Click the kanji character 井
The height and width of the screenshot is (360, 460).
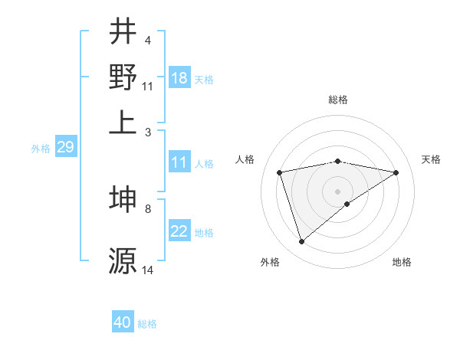(123, 31)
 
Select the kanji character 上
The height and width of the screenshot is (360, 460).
(123, 121)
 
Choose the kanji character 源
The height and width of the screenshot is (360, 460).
(123, 260)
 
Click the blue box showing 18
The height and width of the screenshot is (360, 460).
(179, 78)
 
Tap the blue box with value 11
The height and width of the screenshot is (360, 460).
(179, 162)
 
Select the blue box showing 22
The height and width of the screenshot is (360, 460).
(179, 232)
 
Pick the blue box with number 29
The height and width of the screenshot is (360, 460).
(65, 148)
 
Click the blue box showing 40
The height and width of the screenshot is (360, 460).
(123, 322)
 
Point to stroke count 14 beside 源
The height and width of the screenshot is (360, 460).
(148, 270)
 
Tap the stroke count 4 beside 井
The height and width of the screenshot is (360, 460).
(147, 40)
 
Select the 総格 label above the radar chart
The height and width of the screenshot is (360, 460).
(338, 100)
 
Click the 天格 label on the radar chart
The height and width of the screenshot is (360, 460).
(432, 159)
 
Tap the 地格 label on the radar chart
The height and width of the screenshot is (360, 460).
(402, 262)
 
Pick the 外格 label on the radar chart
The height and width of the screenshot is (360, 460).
(270, 262)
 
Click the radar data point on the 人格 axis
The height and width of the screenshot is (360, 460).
(281, 172)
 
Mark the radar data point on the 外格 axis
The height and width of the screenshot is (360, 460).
(301, 242)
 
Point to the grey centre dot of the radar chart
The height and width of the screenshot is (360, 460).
(338, 191)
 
